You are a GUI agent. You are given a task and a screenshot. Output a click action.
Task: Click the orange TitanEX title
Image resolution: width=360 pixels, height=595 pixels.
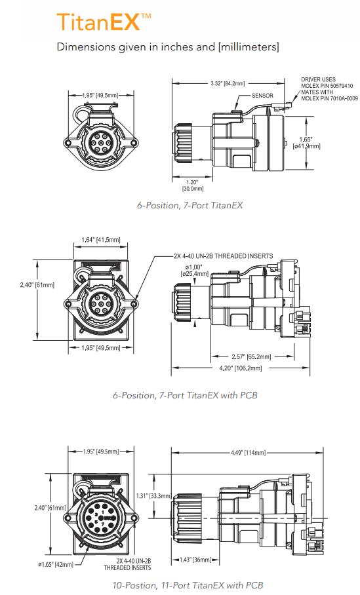tap(104, 22)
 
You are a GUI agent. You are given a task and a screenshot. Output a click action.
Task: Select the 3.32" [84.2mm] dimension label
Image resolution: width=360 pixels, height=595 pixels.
tap(228, 83)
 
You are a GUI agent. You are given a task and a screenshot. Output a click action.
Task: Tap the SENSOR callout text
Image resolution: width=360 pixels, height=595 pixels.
tap(262, 96)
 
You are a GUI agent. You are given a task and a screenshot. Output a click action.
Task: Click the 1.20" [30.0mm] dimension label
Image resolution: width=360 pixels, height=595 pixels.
tap(192, 185)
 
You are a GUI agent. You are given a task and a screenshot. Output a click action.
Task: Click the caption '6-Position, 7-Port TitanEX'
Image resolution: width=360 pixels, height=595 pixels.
tap(190, 205)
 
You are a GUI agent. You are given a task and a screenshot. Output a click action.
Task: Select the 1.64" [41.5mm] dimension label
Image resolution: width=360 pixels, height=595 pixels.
tap(101, 239)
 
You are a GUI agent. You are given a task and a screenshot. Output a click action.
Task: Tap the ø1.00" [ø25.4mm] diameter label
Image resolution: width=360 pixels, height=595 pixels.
tap(195, 270)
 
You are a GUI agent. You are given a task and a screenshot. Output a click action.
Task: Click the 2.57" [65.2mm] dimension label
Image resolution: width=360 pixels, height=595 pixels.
tap(251, 356)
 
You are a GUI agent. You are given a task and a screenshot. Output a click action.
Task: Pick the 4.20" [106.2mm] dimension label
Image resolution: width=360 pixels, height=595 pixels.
tap(241, 368)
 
